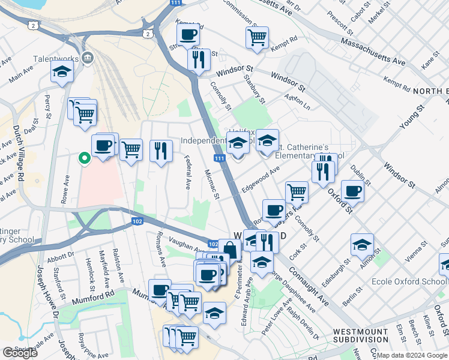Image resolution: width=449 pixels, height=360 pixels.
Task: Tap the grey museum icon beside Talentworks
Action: pos(88,58)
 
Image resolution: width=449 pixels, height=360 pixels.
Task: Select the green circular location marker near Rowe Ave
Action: pos(85,158)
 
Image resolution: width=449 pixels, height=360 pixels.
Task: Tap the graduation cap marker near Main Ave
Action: pos(61,71)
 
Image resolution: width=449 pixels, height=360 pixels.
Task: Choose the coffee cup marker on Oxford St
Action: pos(352,190)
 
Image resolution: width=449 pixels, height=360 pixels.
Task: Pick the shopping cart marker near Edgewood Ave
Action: pos(296,191)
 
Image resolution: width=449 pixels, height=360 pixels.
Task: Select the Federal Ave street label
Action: pos(188,173)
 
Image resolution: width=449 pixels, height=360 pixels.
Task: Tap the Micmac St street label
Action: pos(212,183)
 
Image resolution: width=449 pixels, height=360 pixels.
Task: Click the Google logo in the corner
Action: pos(20,353)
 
